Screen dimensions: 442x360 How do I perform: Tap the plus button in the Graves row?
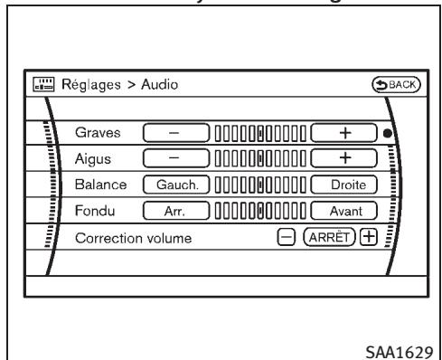[x=343, y=134]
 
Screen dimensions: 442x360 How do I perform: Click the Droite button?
[x=343, y=185]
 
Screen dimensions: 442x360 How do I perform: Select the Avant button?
[x=343, y=211]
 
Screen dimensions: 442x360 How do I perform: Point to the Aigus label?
[x=91, y=159]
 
